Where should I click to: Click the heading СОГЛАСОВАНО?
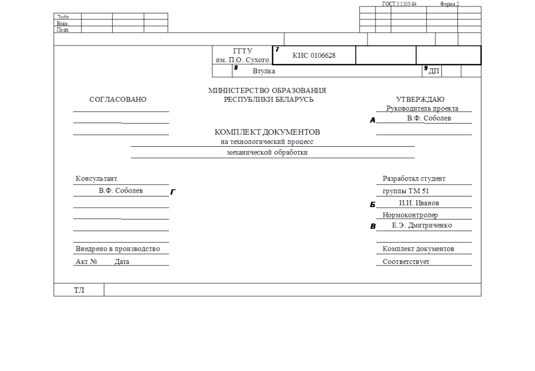[x=118, y=100]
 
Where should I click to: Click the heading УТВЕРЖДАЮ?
[x=420, y=100]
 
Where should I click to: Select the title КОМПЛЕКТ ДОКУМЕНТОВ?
[x=267, y=132]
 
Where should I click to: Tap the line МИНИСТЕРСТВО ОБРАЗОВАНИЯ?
[x=267, y=90]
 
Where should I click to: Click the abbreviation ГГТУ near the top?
[x=242, y=51]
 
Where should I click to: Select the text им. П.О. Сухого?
[x=242, y=60]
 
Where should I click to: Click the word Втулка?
[x=264, y=71]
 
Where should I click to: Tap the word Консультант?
[x=96, y=179]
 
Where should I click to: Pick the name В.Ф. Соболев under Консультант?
[x=120, y=191]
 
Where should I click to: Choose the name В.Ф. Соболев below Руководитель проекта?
[x=429, y=118]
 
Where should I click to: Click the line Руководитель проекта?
[x=422, y=109]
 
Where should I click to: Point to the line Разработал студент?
[x=414, y=179]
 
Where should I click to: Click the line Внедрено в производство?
[x=118, y=249]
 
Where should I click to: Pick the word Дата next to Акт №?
[x=122, y=262]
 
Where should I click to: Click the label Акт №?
[x=86, y=262]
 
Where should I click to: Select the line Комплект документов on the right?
[x=418, y=249]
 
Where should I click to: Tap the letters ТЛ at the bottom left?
[x=79, y=291]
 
